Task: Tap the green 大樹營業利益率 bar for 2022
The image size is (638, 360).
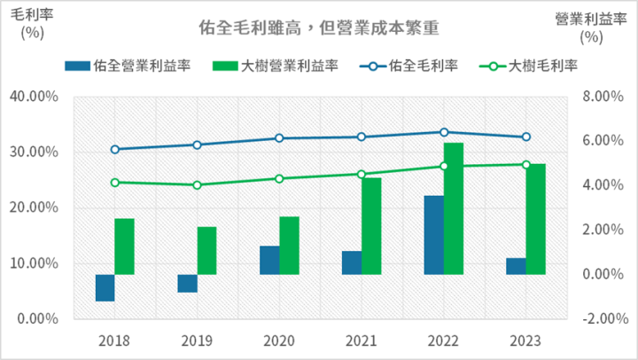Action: (x=454, y=208)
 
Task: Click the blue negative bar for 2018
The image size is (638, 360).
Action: (x=105, y=288)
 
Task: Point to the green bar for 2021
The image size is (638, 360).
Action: (x=371, y=226)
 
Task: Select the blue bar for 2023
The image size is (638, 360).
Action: (x=516, y=266)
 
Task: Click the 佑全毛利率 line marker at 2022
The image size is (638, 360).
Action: (x=444, y=132)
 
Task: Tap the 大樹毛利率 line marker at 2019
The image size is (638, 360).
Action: (x=197, y=185)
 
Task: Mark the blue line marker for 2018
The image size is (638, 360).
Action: (x=115, y=149)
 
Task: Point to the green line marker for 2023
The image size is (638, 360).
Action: (x=525, y=164)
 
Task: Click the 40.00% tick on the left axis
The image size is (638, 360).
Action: (x=34, y=97)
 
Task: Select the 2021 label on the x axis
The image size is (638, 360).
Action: (x=362, y=340)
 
